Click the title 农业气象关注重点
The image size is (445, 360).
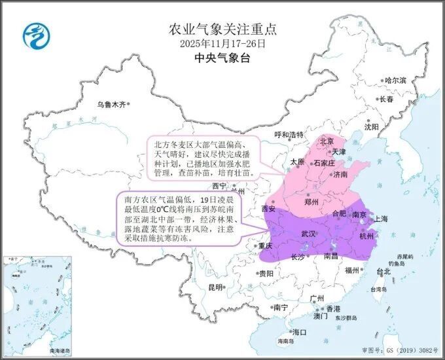(x=223, y=29)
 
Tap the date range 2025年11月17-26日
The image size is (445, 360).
(x=223, y=43)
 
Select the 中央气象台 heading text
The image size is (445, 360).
(x=223, y=58)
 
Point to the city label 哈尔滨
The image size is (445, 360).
(x=395, y=81)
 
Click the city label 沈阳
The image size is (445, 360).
(x=371, y=127)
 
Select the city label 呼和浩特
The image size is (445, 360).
(x=289, y=135)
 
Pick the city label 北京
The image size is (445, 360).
(x=326, y=141)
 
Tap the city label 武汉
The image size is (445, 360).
(x=308, y=234)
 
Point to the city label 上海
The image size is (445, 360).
(x=382, y=218)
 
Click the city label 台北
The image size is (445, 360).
(x=383, y=271)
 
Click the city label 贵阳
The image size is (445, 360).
(x=266, y=274)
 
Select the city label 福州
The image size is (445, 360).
(x=352, y=270)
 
